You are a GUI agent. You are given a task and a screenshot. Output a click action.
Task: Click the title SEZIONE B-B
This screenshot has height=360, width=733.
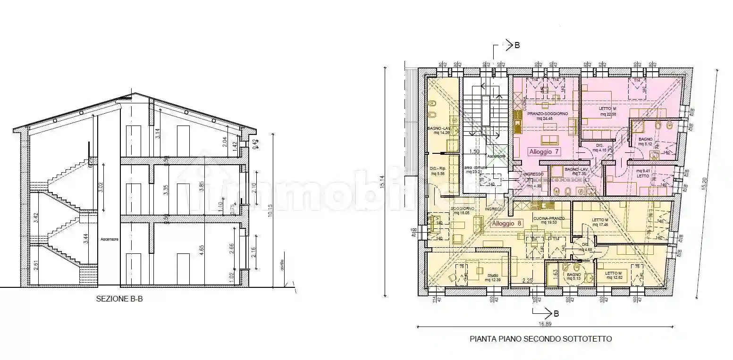tap(119, 298)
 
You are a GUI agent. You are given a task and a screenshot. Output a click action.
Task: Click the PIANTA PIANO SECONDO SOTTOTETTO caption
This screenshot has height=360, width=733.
tap(541, 339)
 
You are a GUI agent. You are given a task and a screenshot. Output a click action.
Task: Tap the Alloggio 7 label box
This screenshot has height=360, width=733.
tap(544, 152)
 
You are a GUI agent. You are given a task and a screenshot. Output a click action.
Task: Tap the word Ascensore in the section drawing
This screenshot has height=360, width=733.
tap(110, 239)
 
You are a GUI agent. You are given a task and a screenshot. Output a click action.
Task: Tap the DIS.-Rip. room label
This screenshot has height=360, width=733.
tap(438, 171)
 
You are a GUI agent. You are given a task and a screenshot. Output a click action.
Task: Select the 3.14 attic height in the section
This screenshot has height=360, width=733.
tap(158, 133)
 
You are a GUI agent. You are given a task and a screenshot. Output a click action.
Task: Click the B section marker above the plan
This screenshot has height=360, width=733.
tap(517, 45)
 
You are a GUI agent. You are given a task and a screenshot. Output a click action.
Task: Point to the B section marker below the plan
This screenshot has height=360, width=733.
tap(556, 313)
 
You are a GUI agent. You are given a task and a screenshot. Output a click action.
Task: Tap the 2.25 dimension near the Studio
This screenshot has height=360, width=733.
tap(527, 281)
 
